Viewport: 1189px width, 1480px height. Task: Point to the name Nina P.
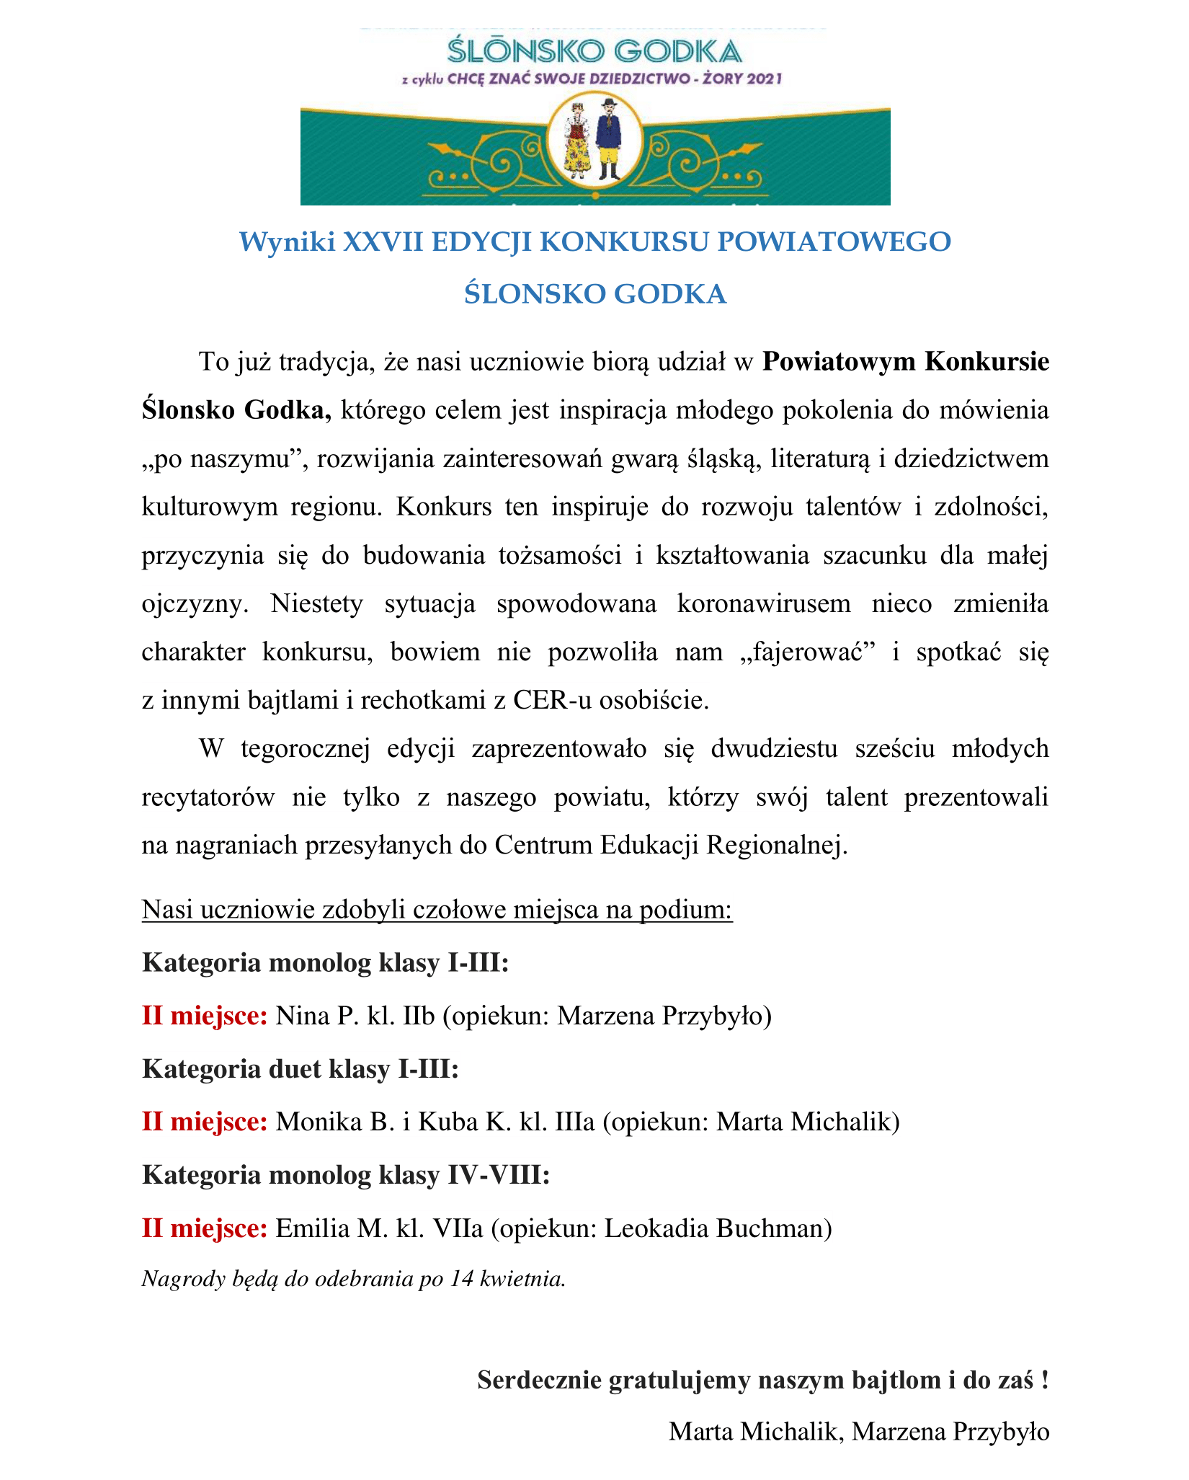pos(313,1016)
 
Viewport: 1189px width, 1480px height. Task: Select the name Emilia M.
pos(332,1228)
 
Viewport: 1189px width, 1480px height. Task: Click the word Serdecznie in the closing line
pos(539,1381)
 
